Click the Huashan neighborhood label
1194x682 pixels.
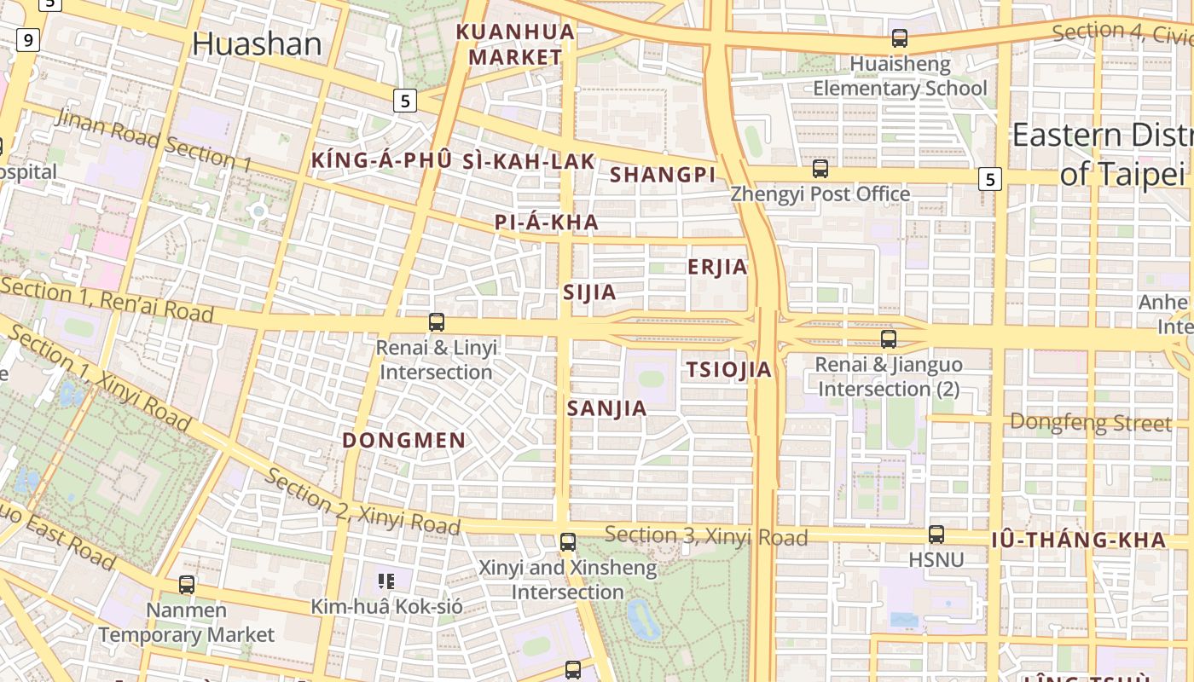[x=257, y=44]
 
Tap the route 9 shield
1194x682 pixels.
[x=28, y=39]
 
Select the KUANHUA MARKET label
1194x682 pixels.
[x=515, y=45]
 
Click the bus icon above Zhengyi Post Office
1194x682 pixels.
[x=820, y=169]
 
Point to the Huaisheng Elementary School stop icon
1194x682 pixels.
[x=900, y=38]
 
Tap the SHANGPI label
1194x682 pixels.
[x=663, y=175]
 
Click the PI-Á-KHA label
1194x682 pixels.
[x=546, y=223]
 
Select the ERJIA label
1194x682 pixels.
[x=717, y=268]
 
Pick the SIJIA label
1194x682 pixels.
[x=589, y=292]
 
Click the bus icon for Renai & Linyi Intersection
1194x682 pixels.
[x=437, y=322]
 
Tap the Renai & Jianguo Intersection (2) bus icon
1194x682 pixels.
[x=889, y=339]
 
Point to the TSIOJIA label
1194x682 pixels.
[x=729, y=369]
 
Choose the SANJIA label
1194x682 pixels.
[x=607, y=408]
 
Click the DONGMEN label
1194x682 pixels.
[x=404, y=441]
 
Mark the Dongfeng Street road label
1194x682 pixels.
[x=1090, y=422]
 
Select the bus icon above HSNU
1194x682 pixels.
[x=936, y=535]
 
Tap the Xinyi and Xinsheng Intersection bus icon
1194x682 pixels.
[x=568, y=542]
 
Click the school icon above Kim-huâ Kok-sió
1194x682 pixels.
[x=386, y=581]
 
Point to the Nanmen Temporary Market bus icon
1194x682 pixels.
[x=187, y=585]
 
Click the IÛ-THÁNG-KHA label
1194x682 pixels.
[x=1078, y=540]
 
